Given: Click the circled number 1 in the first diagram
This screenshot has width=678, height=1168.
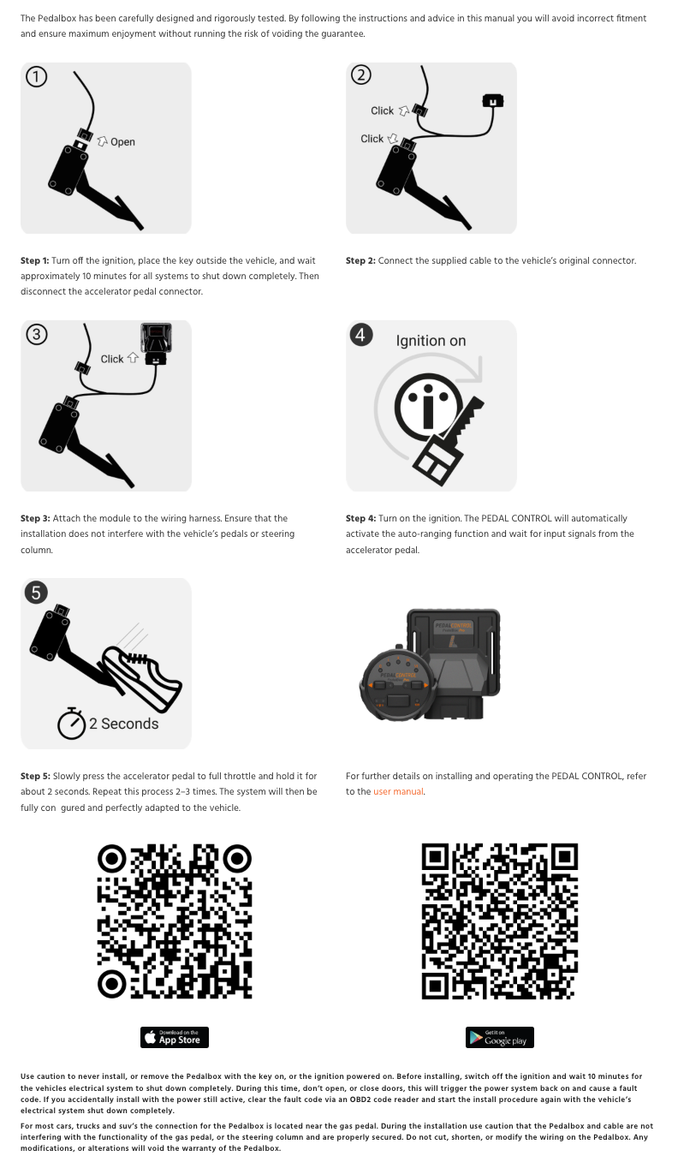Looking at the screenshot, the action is pos(37,77).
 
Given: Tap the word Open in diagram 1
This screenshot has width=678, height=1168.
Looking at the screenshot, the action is pos(122,142).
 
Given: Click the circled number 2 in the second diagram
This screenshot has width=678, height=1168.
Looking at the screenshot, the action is pos(361,74).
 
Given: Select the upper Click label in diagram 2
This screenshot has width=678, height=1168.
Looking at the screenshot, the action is pos(382,110).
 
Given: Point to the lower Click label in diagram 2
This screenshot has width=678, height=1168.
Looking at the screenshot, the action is pos(372,138).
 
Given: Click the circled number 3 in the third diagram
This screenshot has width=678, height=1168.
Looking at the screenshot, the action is pos(37,334).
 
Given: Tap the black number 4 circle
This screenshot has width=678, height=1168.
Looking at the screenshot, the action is pos(361,334).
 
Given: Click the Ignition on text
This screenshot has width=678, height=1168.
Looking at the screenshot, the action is pos(431,341).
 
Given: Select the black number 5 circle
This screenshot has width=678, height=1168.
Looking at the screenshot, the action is pos(36,593).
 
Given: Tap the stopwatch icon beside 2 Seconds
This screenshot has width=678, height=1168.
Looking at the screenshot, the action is pos(71,724).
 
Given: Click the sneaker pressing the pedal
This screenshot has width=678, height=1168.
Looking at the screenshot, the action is pos(142,676).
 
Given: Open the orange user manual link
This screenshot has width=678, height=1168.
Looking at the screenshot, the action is pos(398,791).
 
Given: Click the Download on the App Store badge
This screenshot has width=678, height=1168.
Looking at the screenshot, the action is pos(175,1037).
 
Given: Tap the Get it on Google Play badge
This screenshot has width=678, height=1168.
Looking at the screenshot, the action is pos(500,1037).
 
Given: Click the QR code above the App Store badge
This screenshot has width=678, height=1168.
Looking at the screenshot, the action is pos(175,921).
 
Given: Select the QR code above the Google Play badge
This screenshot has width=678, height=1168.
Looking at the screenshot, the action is pos(500,921).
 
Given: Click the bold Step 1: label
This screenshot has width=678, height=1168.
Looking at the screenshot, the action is pos(34,260).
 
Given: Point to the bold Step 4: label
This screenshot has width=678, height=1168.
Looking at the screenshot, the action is pos(360,518).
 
